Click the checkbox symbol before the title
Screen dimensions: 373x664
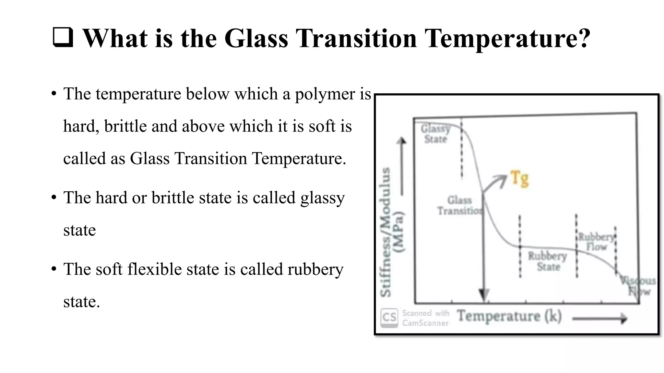(63, 38)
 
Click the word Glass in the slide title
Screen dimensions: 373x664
(256, 39)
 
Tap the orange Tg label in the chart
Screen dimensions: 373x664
(519, 179)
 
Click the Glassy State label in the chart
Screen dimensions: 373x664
(435, 134)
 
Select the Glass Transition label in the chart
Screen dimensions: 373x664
(460, 206)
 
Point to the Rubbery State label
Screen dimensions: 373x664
(548, 261)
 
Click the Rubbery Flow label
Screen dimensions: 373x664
(596, 242)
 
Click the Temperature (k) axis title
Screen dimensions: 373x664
(509, 316)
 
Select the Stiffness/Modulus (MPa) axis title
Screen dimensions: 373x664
(392, 232)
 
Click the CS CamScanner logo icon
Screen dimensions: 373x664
(389, 317)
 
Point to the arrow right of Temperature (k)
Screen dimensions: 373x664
(600, 319)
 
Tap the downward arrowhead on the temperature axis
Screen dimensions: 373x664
(484, 295)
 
